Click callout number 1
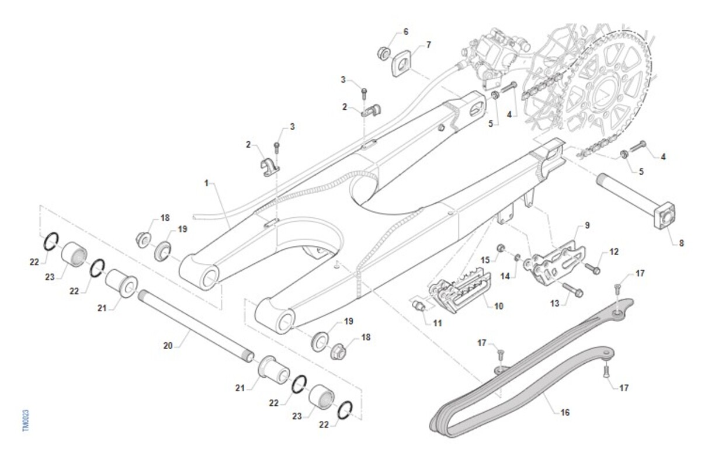(206, 183)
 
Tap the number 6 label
(406, 31)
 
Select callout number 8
(681, 243)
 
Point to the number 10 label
(498, 305)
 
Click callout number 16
(564, 412)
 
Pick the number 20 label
(168, 345)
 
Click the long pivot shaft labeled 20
(196, 324)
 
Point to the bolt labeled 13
(572, 288)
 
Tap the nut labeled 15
(501, 249)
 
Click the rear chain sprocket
(602, 88)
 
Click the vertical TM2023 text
(26, 420)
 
